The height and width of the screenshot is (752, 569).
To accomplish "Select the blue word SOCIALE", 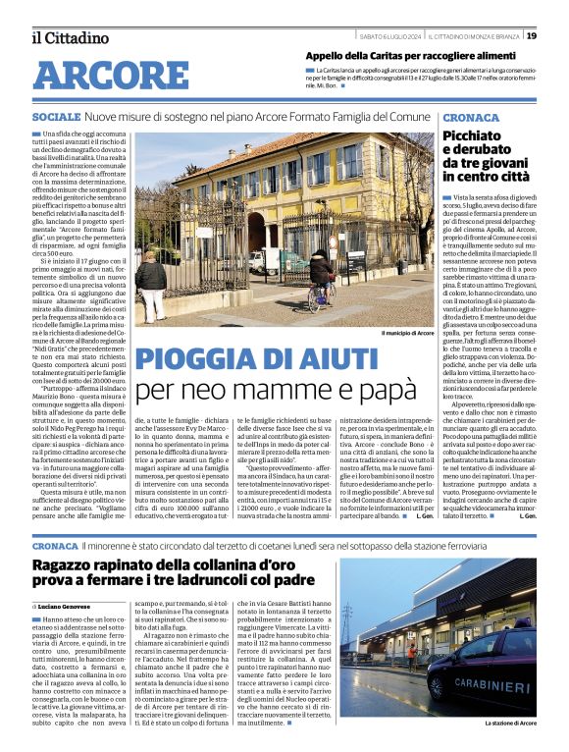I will pyautogui.click(x=56, y=117).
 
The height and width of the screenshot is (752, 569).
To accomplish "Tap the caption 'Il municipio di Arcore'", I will pyautogui.click(x=407, y=332).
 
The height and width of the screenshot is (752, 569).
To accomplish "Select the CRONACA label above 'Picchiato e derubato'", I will pyautogui.click(x=471, y=117).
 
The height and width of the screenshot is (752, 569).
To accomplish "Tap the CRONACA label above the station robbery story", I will pyautogui.click(x=54, y=543).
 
